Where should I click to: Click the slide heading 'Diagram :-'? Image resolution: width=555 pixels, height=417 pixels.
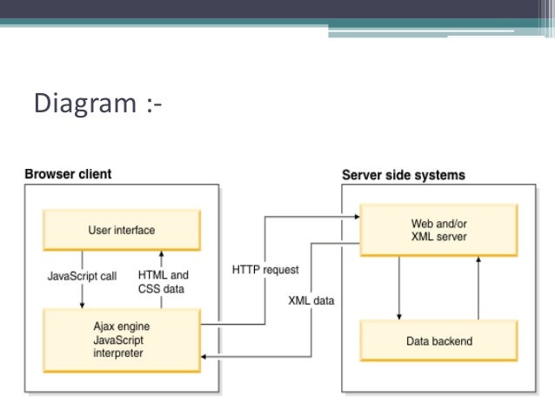97,104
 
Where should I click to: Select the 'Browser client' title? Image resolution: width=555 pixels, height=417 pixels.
67,173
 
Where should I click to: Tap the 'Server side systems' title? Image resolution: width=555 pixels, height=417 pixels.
403,174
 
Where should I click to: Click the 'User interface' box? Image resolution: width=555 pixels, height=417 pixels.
122,231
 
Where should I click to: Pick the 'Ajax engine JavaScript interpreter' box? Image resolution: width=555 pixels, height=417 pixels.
122,340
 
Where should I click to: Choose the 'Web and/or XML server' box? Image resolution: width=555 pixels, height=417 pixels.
438,231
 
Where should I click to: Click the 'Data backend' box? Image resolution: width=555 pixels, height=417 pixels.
438,340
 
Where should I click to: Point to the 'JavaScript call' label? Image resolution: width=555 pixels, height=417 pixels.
81,276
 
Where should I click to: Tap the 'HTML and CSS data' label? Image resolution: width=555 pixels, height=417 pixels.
163,282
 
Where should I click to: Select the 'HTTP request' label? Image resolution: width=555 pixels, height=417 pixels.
264,270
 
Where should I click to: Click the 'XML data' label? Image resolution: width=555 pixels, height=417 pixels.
311,301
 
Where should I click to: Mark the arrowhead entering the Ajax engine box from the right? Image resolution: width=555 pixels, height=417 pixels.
205,356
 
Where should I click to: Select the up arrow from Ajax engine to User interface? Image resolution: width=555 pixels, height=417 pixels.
161,256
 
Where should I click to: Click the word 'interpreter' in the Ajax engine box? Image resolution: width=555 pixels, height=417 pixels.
117,353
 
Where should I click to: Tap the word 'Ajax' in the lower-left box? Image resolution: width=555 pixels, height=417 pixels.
104,326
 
